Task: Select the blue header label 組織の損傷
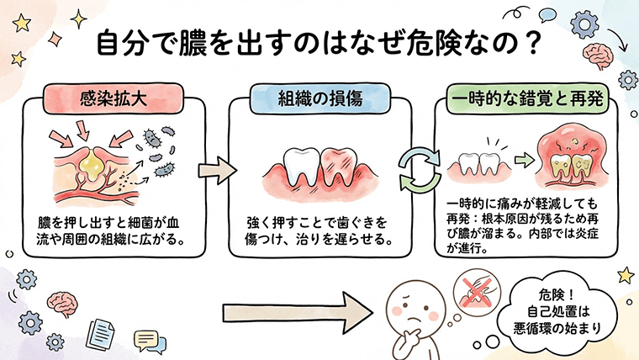(x=319, y=98)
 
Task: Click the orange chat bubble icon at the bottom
(x=145, y=340)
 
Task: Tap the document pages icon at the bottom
(x=103, y=332)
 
